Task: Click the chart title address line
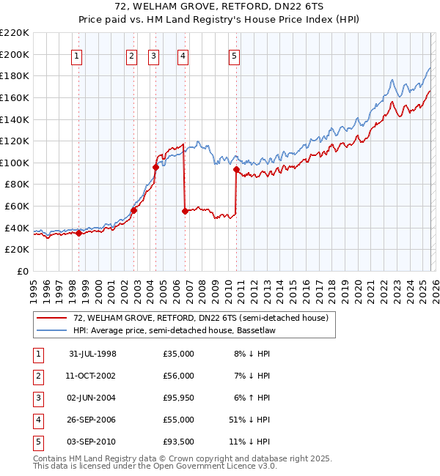pos(219,7)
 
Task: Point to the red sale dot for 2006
pos(184,212)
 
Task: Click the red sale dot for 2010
pos(236,170)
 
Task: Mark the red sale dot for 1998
pos(79,234)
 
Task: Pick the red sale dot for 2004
pos(155,167)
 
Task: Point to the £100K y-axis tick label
pos(15,163)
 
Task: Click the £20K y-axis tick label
pos(17,250)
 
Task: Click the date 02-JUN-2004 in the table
pos(92,397)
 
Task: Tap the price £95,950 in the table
pos(178,397)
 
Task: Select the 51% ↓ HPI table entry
pos(249,420)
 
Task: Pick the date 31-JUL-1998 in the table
pos(92,353)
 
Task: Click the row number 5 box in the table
pos(37,442)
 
